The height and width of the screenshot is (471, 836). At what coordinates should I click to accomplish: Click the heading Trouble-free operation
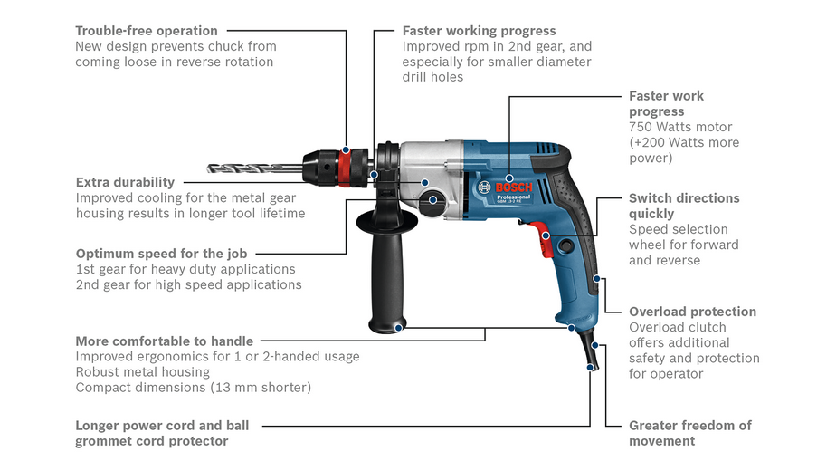click(x=147, y=31)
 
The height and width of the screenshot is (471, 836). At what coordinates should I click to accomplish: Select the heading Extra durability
click(x=125, y=182)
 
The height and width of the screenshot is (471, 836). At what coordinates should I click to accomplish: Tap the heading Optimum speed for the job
click(x=161, y=254)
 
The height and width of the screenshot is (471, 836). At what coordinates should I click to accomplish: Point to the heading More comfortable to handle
click(x=164, y=341)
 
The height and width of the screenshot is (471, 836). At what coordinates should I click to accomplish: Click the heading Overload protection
click(x=692, y=312)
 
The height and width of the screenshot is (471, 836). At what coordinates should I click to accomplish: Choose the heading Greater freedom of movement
click(x=689, y=433)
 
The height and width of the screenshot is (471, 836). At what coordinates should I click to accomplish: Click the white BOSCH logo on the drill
click(x=514, y=187)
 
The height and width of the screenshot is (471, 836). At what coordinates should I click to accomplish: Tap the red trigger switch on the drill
click(x=546, y=237)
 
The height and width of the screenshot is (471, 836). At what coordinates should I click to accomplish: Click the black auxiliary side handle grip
click(x=384, y=272)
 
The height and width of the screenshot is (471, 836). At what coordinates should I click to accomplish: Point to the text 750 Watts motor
click(x=680, y=127)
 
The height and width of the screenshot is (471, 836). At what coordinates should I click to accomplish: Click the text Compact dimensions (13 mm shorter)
click(x=193, y=388)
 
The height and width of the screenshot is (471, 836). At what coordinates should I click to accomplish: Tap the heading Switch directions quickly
click(x=684, y=206)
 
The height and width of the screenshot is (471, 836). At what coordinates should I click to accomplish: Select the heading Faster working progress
click(x=479, y=31)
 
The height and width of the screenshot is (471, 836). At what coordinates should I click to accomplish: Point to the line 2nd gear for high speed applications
click(x=188, y=284)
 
